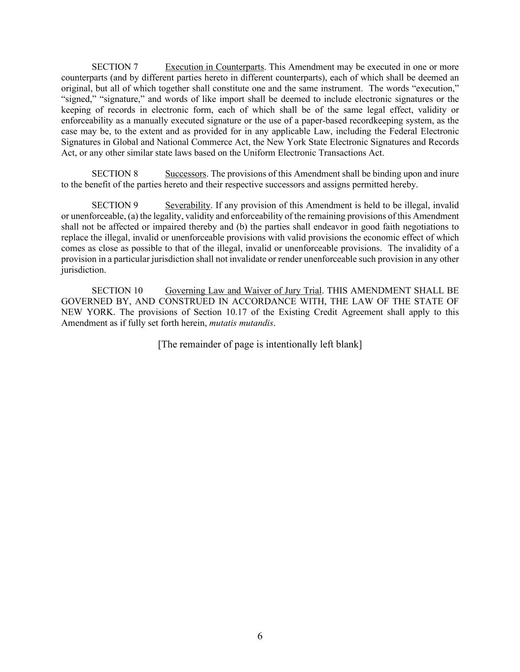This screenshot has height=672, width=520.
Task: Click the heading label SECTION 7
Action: pos(115,67)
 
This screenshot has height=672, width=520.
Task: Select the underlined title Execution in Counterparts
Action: pos(214,67)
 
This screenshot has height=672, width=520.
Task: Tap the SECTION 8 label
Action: pos(115,174)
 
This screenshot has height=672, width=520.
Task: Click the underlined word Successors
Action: pos(185,174)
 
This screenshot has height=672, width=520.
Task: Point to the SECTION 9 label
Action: pos(115,205)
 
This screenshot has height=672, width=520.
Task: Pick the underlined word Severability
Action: pos(188,205)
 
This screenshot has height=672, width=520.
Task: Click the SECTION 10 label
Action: pos(117,291)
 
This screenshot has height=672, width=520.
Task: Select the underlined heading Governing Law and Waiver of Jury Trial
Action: pos(243,291)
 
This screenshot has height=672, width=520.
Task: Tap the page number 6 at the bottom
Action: pos(260,636)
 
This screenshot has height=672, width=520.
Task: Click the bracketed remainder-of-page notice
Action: pos(260,344)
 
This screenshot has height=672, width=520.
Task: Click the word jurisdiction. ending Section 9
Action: pos(83,270)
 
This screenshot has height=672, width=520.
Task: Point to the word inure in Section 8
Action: pos(449,174)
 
